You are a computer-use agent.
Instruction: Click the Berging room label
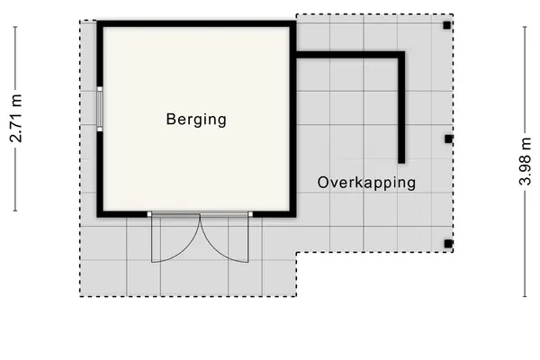click(196, 120)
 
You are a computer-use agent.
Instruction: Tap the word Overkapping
click(366, 183)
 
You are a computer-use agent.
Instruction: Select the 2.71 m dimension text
click(16, 118)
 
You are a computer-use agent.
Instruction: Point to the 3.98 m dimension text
click(526, 161)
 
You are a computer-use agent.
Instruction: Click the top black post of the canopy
click(446, 25)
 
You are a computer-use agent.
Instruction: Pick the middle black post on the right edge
click(448, 139)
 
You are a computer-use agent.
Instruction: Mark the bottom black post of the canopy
click(447, 244)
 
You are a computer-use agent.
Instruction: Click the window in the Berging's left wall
click(100, 109)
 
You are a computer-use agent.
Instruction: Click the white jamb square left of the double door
click(149, 214)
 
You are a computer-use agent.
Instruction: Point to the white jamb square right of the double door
click(250, 214)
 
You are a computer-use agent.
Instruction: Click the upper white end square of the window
click(100, 89)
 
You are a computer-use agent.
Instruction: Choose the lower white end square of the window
click(100, 130)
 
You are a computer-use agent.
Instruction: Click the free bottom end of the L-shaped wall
click(401, 163)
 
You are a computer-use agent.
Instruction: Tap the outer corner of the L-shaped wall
click(405, 51)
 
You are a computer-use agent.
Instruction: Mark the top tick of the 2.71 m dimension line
click(15, 27)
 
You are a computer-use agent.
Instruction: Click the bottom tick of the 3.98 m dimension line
click(525, 296)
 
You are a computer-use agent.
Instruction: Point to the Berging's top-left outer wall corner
click(97, 21)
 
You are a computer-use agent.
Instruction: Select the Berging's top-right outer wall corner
click(296, 21)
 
